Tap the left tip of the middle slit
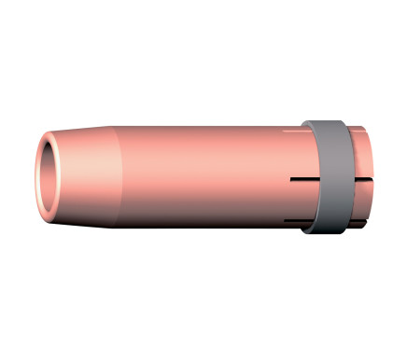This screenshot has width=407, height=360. click(291, 178)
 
